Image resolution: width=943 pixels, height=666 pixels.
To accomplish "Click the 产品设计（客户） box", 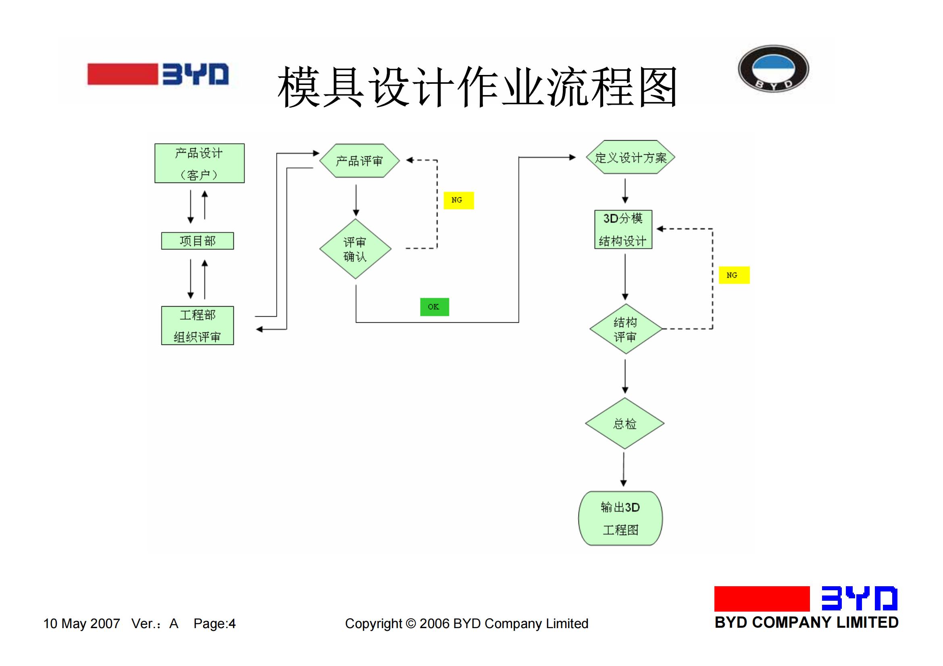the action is click(200, 163).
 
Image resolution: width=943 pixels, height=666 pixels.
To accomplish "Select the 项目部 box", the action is click(198, 241).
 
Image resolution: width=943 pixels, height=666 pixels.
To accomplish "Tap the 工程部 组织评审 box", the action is click(198, 326).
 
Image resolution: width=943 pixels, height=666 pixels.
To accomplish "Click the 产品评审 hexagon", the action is click(359, 160).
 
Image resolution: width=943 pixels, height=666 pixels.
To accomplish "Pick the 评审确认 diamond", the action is click(355, 249).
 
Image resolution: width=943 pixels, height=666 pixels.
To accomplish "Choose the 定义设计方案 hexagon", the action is click(631, 157).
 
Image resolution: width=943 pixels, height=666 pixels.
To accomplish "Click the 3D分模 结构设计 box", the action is click(623, 229).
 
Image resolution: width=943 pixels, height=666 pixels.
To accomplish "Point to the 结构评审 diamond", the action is click(626, 329).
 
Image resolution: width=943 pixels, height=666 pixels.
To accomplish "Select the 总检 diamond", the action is click(625, 423).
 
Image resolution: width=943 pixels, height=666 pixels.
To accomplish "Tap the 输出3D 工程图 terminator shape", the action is click(620, 518).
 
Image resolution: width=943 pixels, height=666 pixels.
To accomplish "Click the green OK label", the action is click(435, 307).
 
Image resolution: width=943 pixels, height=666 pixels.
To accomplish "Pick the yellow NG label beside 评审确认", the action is click(459, 200).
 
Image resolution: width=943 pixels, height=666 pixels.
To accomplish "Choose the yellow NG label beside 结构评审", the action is click(734, 275).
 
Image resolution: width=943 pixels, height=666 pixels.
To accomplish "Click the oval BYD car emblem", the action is click(773, 68).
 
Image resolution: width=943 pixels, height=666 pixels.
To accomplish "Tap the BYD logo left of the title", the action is click(158, 74).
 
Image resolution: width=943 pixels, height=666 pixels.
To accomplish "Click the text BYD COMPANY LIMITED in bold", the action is click(807, 622).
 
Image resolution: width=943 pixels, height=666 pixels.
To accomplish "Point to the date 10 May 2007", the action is click(82, 624).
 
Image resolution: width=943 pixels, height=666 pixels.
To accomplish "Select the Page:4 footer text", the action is click(215, 624).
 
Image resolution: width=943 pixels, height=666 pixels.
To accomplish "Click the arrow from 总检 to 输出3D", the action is click(624, 470).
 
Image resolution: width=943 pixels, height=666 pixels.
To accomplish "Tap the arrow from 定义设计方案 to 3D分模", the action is click(625, 191).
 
